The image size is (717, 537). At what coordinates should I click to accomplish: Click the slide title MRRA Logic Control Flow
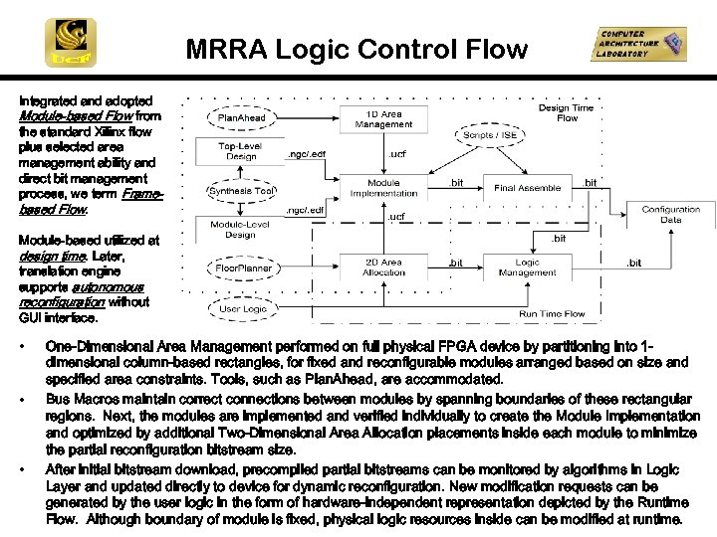[357, 49]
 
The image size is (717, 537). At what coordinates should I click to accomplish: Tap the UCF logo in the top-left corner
[71, 43]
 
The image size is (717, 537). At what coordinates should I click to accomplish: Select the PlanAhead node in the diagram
[242, 118]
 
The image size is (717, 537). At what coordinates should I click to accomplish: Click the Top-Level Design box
[241, 150]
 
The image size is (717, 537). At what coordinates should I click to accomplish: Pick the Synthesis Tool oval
[241, 191]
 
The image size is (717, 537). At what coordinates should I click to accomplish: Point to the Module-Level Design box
[241, 229]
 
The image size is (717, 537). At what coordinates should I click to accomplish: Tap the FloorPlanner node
[243, 268]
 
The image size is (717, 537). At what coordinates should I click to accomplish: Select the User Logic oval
[243, 309]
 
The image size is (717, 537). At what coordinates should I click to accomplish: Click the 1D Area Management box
[383, 119]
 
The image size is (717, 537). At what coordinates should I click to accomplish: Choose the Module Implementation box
[383, 188]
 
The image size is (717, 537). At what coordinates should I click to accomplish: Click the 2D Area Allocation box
[383, 268]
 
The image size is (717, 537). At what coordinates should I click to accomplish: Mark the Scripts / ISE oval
[490, 135]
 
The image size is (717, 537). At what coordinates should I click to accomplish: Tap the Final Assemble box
[527, 187]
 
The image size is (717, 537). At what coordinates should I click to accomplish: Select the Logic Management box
[527, 267]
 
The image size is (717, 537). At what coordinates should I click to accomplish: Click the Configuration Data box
[670, 215]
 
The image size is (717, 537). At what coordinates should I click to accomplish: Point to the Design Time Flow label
[567, 112]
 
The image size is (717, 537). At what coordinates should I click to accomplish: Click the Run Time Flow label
[552, 313]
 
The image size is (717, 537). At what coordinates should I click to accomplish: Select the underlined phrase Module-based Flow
[61, 116]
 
